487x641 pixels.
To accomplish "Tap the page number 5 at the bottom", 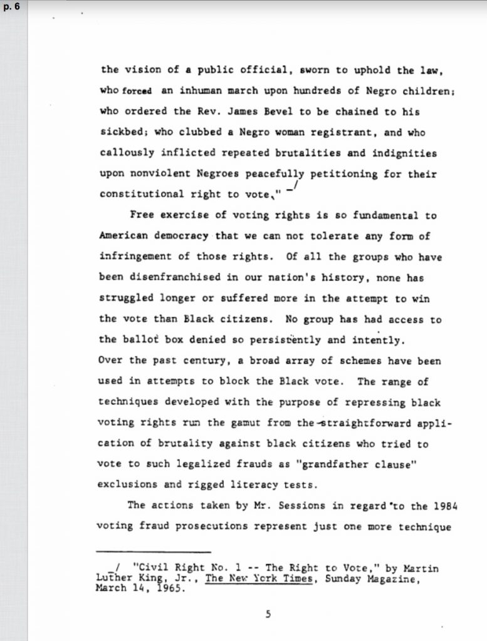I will (268, 614).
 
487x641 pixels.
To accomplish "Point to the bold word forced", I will (136, 91).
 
